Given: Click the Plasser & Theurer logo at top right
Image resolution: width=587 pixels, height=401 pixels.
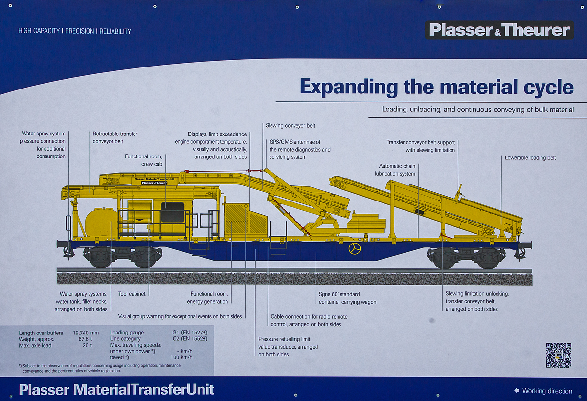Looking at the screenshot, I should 499,30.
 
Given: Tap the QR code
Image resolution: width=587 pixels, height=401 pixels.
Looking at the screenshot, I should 558,355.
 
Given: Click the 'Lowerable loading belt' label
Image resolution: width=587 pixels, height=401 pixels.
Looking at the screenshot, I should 530,158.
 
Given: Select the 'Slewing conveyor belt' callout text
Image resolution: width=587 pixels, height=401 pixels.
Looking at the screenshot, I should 290,126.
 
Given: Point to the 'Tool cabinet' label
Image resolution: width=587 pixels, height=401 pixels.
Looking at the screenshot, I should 132,294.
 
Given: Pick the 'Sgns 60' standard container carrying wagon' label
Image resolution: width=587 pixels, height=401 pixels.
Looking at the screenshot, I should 347,298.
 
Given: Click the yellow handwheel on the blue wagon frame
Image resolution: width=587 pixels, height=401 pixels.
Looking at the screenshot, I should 355,249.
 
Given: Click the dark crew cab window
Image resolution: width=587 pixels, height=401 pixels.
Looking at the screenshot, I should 173,212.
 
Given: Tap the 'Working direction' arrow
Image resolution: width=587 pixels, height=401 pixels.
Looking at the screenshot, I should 517,391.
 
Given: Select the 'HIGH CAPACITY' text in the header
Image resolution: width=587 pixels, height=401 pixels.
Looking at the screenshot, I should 39,31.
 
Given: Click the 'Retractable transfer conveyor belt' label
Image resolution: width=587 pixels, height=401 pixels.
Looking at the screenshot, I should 115,137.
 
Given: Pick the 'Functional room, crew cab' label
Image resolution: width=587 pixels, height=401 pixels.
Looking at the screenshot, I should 143,160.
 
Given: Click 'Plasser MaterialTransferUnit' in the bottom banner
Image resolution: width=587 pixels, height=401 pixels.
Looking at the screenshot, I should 116,390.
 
